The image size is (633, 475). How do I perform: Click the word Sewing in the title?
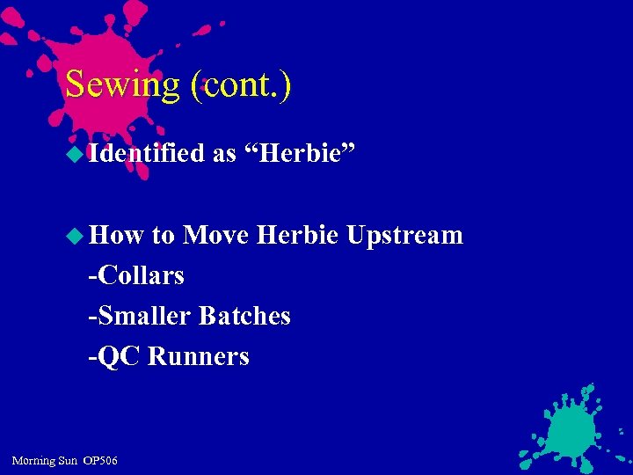[x=122, y=84]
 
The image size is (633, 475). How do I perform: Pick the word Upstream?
[x=404, y=235]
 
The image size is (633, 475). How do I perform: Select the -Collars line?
[x=136, y=275]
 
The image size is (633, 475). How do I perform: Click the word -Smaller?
[x=141, y=316]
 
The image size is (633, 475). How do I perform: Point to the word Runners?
[x=199, y=356]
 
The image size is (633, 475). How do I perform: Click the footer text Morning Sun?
[x=43, y=461]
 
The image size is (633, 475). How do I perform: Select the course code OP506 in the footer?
[x=99, y=461]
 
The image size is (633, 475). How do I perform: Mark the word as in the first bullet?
[x=223, y=155]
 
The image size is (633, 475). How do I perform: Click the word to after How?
[x=164, y=236]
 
